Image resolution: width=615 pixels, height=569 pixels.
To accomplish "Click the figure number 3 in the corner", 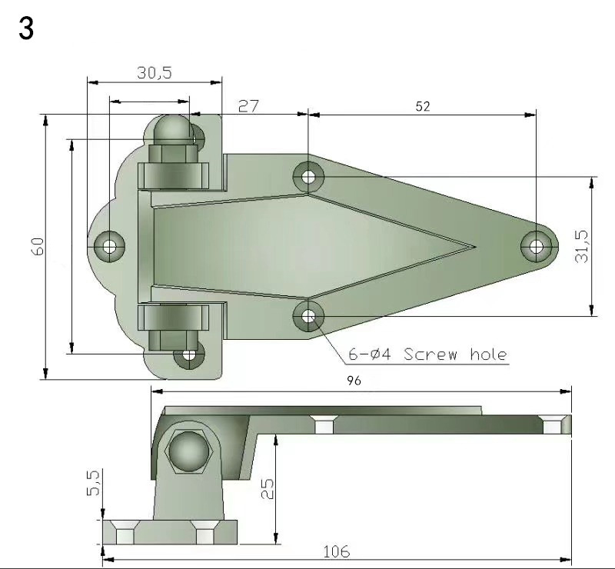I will [x=25, y=29].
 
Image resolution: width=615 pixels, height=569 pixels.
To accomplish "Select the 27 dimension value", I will [x=248, y=105].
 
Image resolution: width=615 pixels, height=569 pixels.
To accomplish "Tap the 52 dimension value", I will [x=423, y=107].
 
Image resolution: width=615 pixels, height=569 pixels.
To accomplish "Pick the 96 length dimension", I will [x=353, y=381].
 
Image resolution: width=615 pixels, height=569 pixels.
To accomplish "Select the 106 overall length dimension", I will [x=336, y=551].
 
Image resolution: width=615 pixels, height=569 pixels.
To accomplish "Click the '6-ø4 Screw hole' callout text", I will [x=427, y=354].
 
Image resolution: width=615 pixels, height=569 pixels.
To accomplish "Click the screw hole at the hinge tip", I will [x=536, y=246].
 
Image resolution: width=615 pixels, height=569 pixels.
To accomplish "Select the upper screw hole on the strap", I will [x=308, y=177].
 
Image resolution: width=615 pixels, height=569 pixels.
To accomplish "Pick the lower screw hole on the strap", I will [x=308, y=315].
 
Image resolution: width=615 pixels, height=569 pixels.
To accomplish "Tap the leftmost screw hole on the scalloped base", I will [x=110, y=246].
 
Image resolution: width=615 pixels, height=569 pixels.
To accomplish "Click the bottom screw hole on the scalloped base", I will [x=188, y=355].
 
